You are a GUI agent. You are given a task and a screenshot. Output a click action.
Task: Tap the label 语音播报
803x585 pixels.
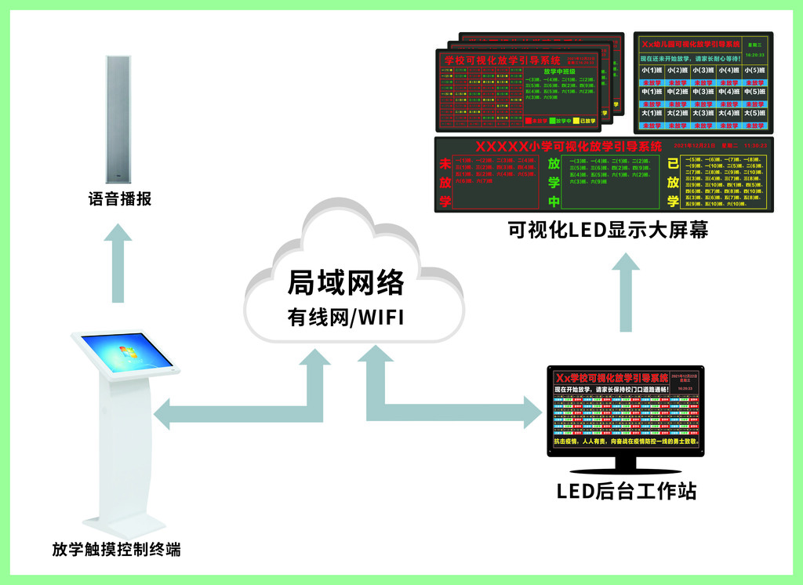120,200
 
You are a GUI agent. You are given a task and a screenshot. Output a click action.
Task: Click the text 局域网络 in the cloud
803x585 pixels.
346,282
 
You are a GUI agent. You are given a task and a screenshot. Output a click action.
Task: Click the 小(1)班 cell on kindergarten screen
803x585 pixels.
652,71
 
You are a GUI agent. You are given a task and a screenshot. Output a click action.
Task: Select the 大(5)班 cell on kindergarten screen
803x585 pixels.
755,114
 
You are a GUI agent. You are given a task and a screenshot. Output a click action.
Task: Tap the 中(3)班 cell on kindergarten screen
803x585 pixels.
704,93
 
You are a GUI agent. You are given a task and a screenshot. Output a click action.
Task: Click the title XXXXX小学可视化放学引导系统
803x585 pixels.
568,147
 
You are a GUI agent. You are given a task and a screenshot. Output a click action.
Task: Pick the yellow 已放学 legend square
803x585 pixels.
575,122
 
